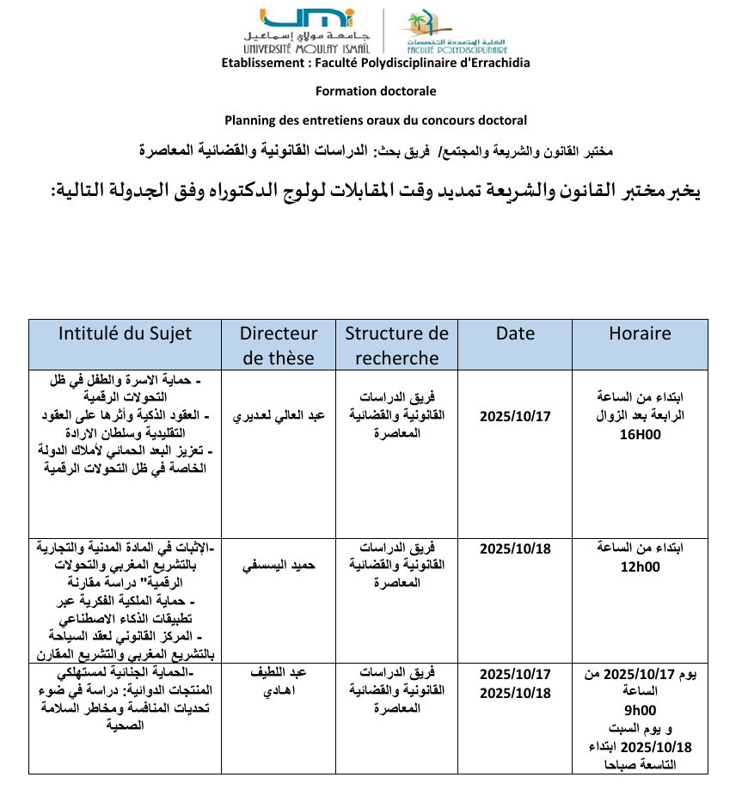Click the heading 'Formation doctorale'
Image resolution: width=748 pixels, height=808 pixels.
pos(376,91)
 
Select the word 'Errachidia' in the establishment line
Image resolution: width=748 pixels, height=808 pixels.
pos(494,63)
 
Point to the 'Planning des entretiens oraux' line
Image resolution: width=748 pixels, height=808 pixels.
pos(376,120)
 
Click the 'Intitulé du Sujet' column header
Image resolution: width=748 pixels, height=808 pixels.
pos(125,334)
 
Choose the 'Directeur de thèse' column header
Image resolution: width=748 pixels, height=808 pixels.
pos(279,346)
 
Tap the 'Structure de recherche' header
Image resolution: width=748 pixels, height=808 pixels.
pos(396,346)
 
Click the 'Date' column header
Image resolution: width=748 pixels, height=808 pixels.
pos(515,334)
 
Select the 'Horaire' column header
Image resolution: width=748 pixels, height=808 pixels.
pos(640,334)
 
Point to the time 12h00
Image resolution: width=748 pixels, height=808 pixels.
pos(640,566)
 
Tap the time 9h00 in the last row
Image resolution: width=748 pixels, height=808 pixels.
pos(640,711)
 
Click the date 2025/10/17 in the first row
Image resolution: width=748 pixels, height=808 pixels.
pos(515,416)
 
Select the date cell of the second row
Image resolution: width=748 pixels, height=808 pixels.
pos(515,548)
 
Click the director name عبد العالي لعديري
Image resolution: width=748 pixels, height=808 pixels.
pos(279,416)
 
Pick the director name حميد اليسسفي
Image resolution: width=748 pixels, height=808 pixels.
pos(279,566)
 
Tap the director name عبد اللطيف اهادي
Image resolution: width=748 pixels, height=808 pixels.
pos(279,683)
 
